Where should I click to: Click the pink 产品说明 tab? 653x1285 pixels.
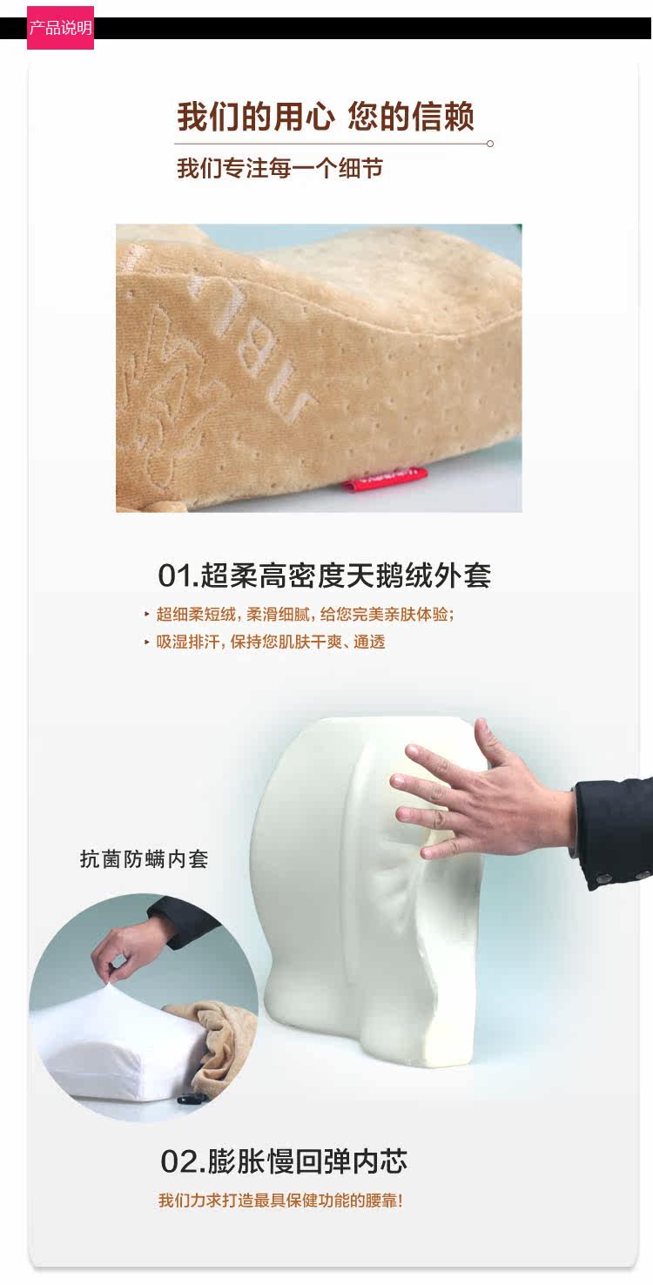point(60,28)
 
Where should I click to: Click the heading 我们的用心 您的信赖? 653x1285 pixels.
point(326,117)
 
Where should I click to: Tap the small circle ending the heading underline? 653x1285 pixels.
point(490,144)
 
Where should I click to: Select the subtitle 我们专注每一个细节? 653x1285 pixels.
point(279,169)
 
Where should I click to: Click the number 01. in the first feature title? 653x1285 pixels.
point(178,575)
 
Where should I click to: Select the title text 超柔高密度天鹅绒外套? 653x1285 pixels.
point(346,575)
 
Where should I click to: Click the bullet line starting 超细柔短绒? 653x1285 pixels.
point(300,615)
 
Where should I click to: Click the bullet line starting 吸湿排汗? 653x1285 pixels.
point(265,642)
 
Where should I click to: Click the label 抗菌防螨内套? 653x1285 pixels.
point(144,858)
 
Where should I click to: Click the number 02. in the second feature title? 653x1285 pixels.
point(182,1161)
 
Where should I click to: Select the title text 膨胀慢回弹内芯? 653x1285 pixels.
point(307,1161)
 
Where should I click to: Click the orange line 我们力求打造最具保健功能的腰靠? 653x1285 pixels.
point(280,1200)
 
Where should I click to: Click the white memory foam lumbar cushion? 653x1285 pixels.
point(367,889)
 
